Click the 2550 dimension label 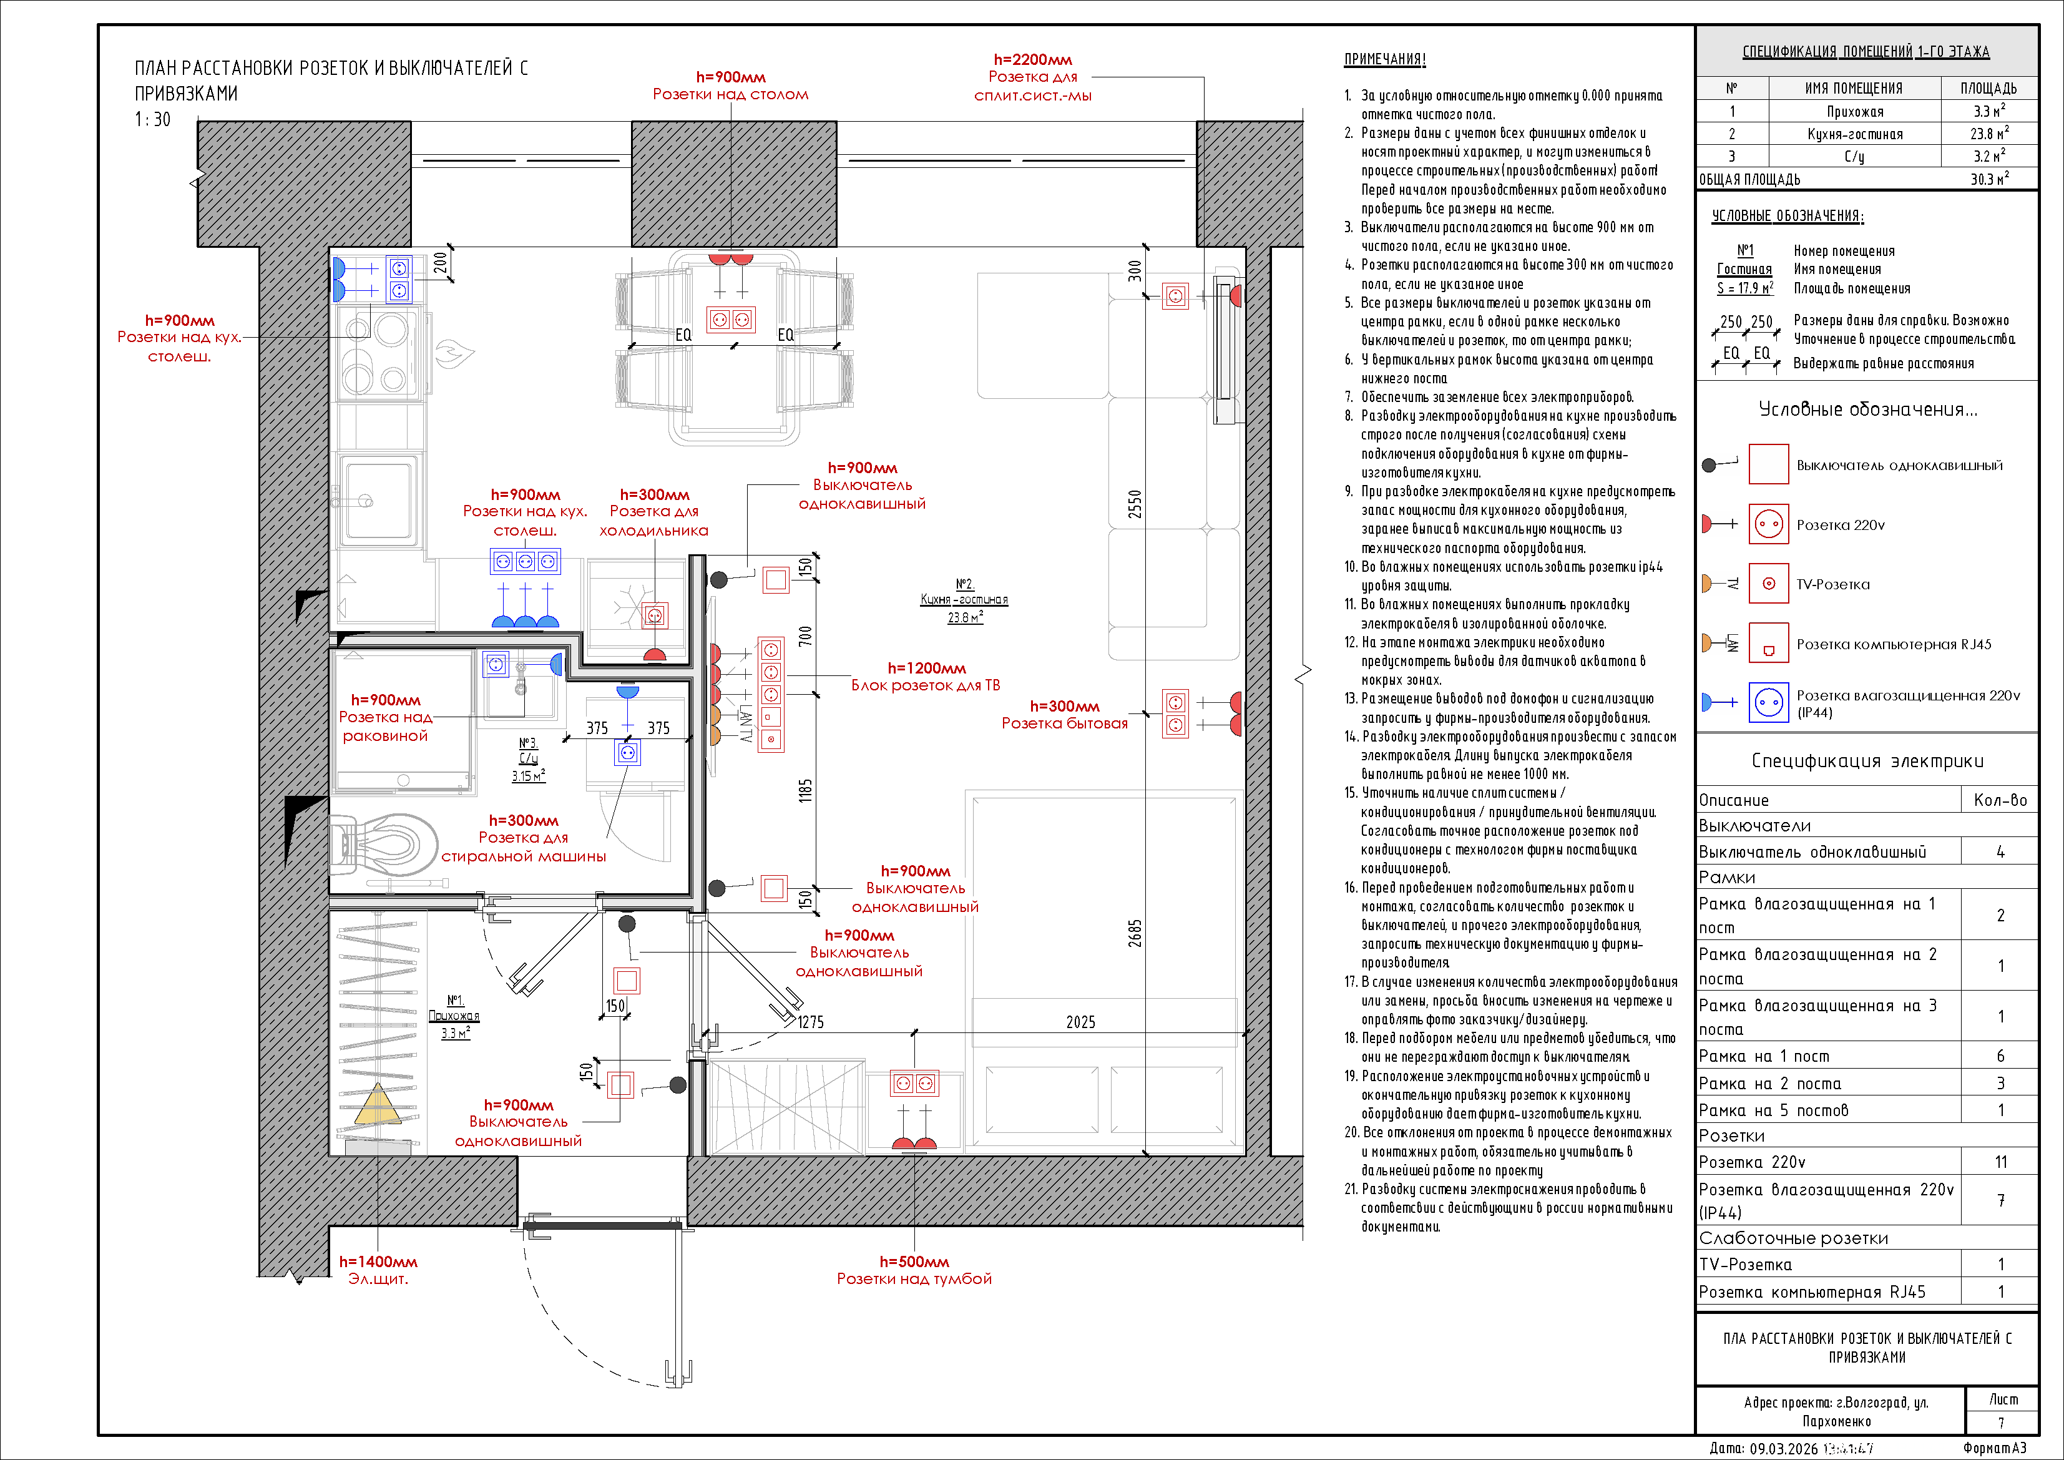(x=1135, y=504)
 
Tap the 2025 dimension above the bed (x=1080, y=1022)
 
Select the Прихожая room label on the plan (x=454, y=1016)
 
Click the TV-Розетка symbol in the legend (x=1768, y=584)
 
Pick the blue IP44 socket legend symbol (x=1768, y=702)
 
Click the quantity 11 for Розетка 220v (x=2000, y=1162)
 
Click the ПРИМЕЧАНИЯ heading (x=1384, y=59)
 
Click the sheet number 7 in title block (x=2001, y=1423)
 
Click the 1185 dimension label (x=806, y=790)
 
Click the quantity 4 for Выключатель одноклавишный (x=2000, y=851)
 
